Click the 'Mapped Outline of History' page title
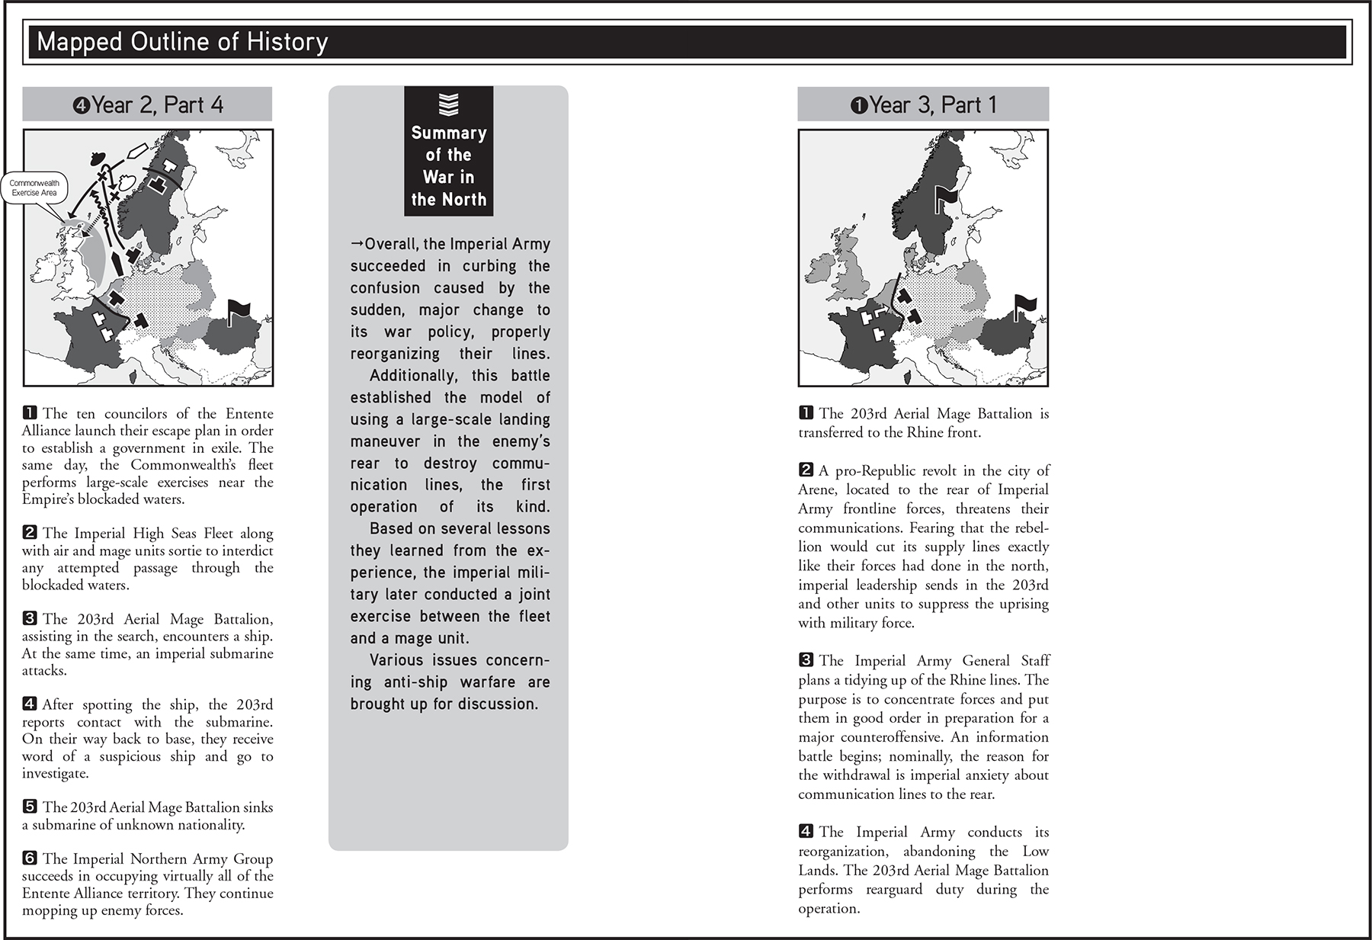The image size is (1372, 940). click(x=182, y=42)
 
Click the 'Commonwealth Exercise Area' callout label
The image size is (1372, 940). click(x=34, y=188)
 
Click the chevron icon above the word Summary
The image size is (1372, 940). click(x=448, y=104)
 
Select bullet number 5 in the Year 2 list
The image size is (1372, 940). click(x=30, y=807)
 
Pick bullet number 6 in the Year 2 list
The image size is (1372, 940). click(x=30, y=858)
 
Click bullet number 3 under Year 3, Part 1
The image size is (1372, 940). click(x=806, y=660)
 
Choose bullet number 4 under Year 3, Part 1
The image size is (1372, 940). click(x=806, y=832)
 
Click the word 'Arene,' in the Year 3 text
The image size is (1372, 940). click(x=816, y=489)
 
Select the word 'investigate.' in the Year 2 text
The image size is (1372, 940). click(x=56, y=773)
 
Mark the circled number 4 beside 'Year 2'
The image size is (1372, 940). click(x=81, y=105)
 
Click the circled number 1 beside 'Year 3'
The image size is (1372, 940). click(x=858, y=105)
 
